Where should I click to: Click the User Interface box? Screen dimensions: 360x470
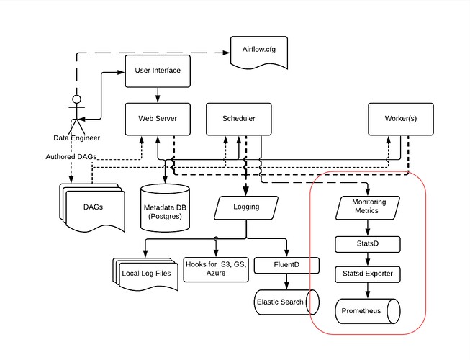[158, 71]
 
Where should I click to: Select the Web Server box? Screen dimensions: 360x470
[158, 118]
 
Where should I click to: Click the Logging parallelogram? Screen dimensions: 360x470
[247, 209]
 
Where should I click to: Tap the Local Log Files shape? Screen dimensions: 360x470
[145, 274]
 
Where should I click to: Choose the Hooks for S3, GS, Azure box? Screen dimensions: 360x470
[215, 269]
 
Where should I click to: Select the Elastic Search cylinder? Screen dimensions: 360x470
[282, 301]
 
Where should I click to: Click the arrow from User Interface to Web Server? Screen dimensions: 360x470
[158, 94]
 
